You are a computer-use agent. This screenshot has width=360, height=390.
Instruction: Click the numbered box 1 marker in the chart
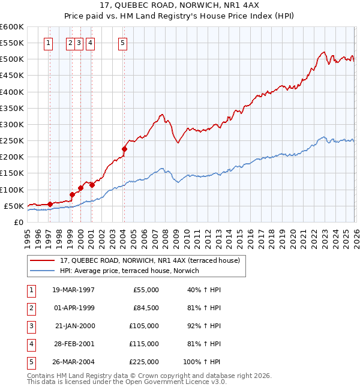pos(48,43)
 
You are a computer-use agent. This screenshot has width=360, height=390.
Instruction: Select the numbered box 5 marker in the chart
pos(123,43)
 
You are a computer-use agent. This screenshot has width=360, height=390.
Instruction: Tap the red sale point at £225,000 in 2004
pos(124,149)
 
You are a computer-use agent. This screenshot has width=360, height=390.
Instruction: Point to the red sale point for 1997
pos(50,204)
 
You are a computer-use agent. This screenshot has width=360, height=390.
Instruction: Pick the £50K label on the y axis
pos(14,206)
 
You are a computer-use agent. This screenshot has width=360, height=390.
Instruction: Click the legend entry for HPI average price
pos(133,271)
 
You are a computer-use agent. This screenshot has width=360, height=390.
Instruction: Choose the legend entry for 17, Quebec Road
pos(149,260)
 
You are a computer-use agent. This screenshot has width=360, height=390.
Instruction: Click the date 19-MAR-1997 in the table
pos(74,290)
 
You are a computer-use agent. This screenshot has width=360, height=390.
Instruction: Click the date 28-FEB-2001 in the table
pos(74,344)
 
